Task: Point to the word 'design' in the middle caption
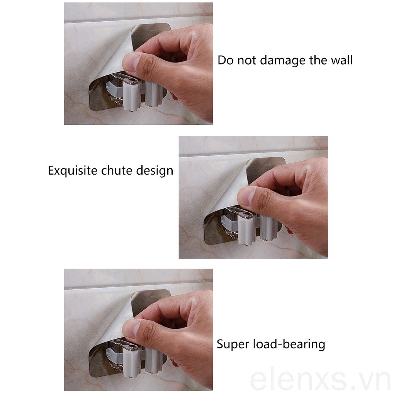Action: coord(155,171)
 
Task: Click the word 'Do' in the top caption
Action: coord(225,60)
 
